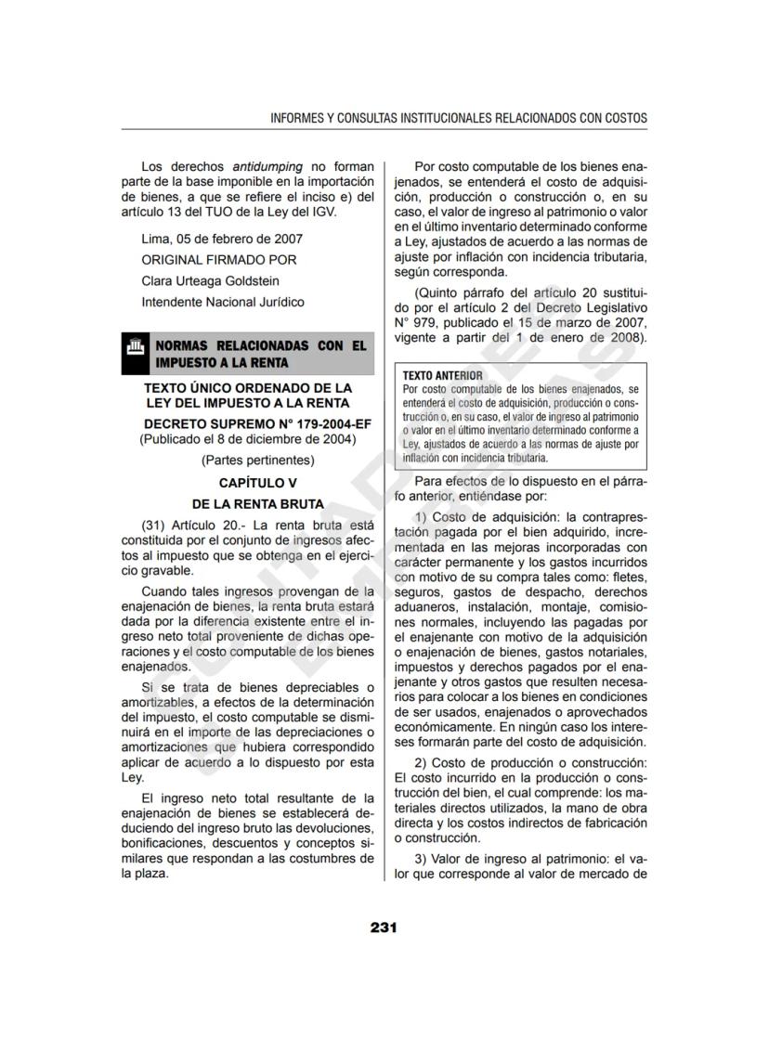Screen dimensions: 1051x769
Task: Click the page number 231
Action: coord(384,927)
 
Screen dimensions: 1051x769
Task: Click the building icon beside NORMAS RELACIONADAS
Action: coord(135,353)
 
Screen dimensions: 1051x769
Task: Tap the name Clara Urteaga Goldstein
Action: coord(210,280)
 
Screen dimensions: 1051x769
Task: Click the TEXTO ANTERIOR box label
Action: coord(437,375)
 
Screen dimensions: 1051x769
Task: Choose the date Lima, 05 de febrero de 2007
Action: coord(222,239)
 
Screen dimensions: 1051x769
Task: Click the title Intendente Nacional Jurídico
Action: coord(222,302)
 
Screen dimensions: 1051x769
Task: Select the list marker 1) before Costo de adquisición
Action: coord(423,516)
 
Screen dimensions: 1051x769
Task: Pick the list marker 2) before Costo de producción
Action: coord(423,762)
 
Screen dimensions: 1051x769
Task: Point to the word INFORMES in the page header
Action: coord(296,119)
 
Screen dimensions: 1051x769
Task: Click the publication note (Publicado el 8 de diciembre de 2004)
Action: coord(247,439)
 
